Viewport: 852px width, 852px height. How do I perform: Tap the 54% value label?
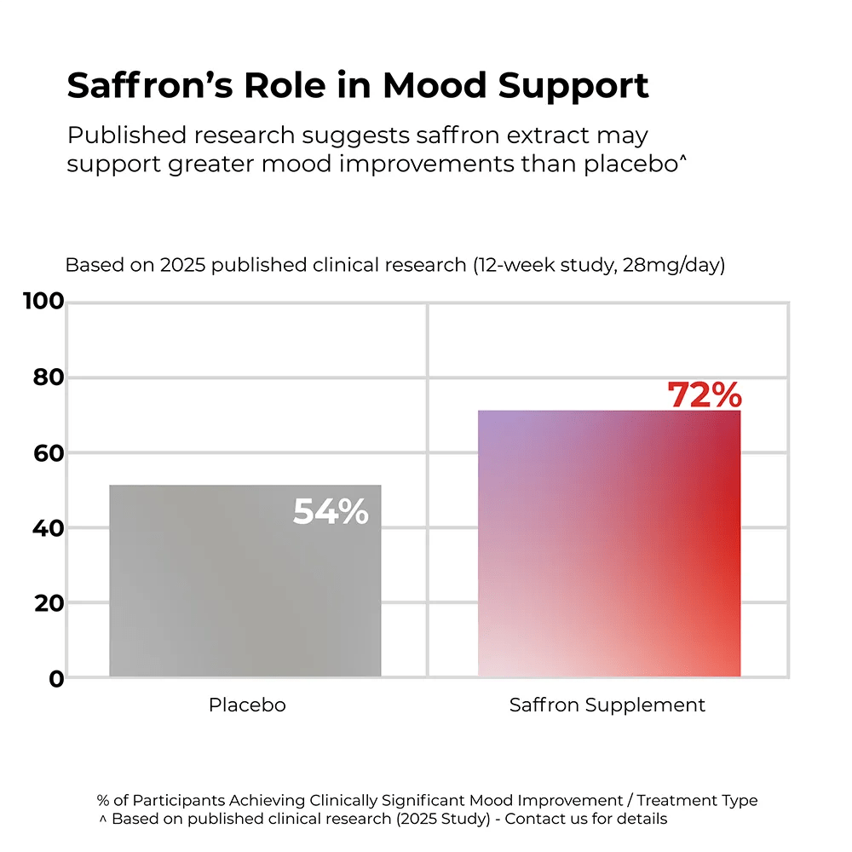click(x=331, y=511)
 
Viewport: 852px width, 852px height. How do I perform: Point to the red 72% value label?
click(x=704, y=395)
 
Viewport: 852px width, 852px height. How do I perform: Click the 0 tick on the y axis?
click(x=55, y=679)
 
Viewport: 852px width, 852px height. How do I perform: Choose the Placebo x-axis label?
click(x=247, y=705)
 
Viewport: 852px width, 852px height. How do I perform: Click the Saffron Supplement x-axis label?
click(x=607, y=705)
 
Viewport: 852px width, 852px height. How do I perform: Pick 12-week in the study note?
click(x=513, y=265)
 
